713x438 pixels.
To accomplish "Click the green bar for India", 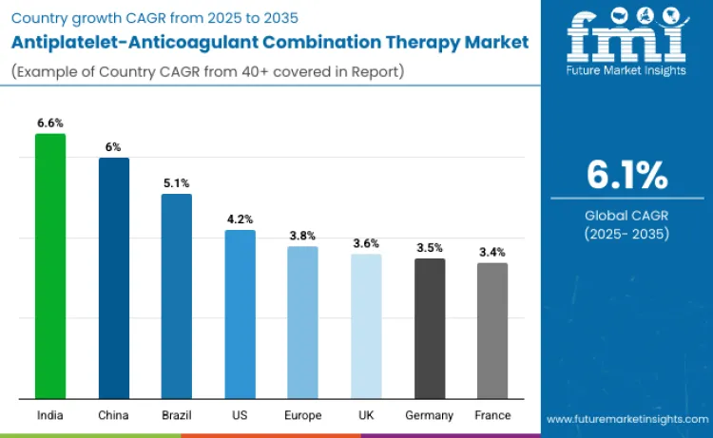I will tap(50, 266).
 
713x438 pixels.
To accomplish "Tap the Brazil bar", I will tap(177, 295).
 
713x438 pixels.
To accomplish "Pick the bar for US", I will tap(241, 314).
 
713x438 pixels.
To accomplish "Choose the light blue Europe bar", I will tap(302, 322).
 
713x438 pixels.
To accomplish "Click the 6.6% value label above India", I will tap(50, 123).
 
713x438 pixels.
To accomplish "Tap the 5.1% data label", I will tap(177, 182).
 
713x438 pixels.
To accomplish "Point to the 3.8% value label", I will tap(302, 236).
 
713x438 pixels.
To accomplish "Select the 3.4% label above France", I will tap(492, 252).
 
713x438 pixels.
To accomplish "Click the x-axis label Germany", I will tap(430, 415).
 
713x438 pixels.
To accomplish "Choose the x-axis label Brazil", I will tap(177, 415).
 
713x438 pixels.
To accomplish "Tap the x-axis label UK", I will tap(366, 415).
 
